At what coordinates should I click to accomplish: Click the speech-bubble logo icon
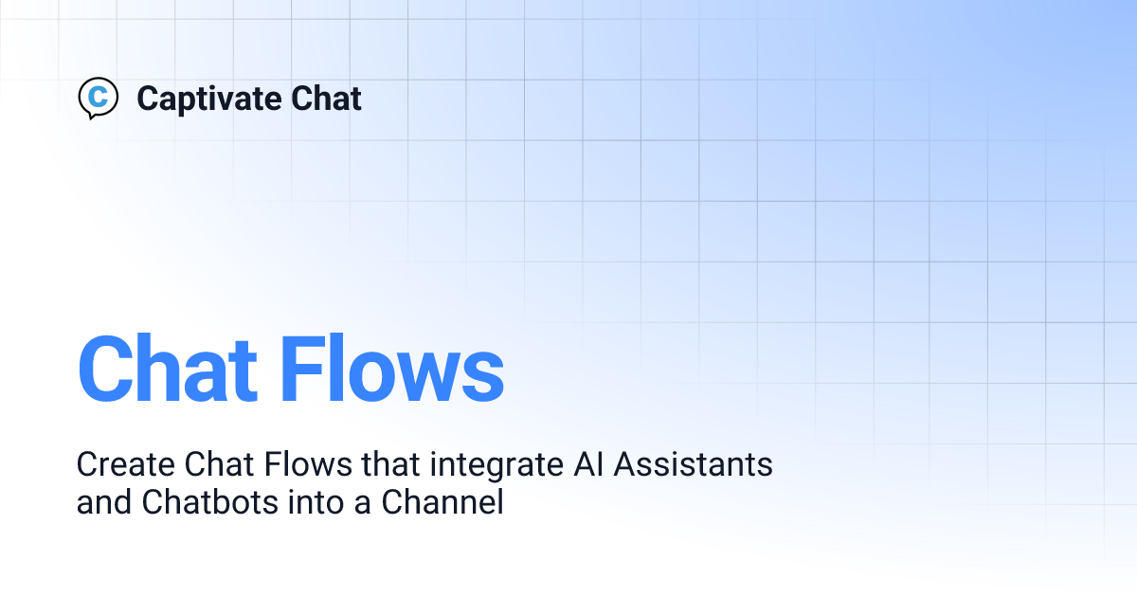pos(98,98)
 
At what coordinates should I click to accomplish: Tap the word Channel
pos(442,503)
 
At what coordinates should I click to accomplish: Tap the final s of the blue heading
pos(484,374)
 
